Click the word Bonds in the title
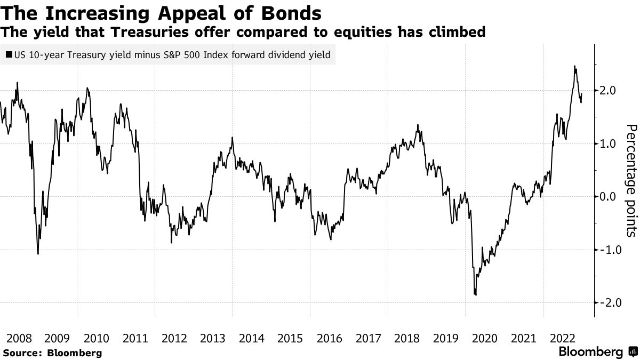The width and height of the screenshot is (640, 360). coord(293,12)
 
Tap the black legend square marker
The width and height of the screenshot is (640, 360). coord(9,54)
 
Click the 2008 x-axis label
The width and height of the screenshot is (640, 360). coord(18,339)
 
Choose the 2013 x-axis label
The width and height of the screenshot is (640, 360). coord(212,339)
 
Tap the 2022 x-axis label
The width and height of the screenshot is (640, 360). coord(563,339)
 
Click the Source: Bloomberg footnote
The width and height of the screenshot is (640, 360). coord(52,353)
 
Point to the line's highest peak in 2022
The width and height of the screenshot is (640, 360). coord(574,66)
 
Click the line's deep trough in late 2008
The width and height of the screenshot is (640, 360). coord(38,253)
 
